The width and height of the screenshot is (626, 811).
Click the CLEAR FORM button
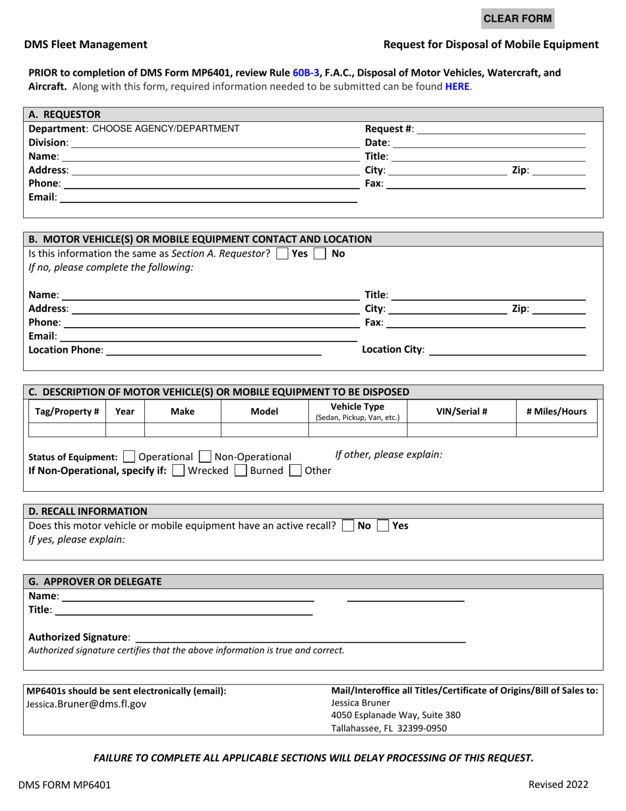517,18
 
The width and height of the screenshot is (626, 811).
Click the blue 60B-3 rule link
306,73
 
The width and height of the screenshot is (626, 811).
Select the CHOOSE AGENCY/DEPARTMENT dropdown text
165,129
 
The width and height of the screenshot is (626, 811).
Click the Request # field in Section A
501,129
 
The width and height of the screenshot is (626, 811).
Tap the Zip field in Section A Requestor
558,170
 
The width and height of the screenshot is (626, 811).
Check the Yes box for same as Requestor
282,254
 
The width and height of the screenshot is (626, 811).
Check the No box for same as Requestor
320,254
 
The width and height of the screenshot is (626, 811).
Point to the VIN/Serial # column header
461,411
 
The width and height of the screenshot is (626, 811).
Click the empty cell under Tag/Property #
67,431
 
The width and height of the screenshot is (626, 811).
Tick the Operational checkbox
130,457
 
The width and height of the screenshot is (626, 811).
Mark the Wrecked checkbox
178,471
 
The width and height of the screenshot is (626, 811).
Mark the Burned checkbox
241,471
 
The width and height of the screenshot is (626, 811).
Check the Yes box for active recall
383,526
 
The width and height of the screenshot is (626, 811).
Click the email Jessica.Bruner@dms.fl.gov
86,704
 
